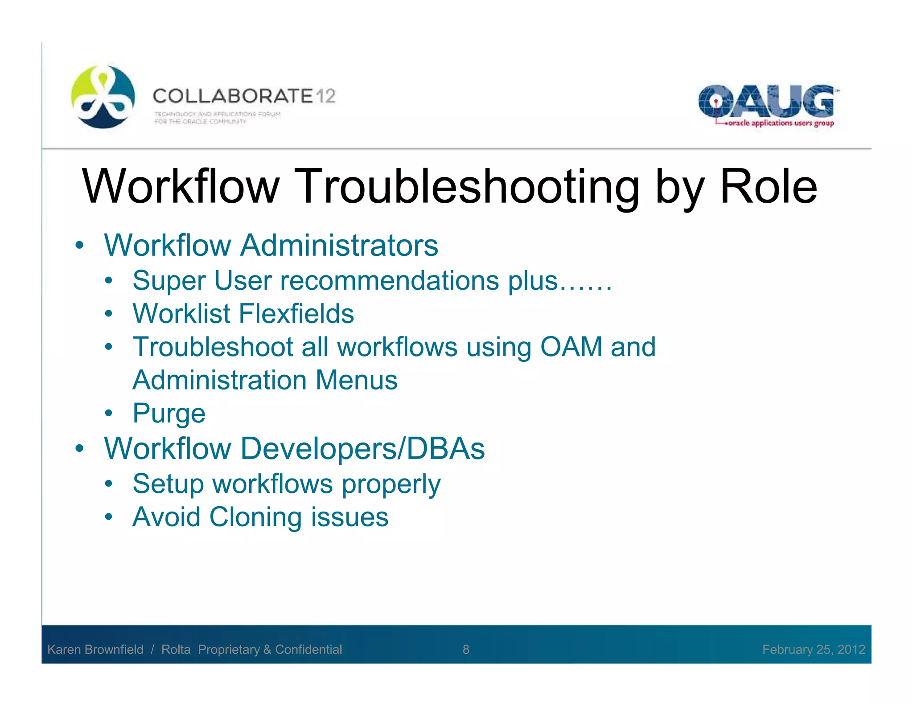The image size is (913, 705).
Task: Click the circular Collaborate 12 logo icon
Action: coord(103,97)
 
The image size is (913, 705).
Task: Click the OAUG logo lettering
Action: coord(765,101)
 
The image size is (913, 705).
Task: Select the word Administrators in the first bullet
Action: coord(339,246)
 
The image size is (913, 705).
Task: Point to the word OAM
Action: coord(571,347)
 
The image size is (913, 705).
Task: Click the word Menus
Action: coord(356,380)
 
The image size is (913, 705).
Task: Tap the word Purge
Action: coord(169,414)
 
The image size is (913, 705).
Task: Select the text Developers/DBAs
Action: coord(362,448)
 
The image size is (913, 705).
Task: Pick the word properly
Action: coord(391,484)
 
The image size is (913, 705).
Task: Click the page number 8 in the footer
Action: coord(466,649)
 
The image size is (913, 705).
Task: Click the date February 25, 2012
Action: coord(813,649)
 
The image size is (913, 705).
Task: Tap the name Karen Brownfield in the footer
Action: coord(95,649)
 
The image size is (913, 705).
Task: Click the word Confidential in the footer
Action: coord(308,649)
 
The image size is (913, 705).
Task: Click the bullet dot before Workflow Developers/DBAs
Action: coord(79,448)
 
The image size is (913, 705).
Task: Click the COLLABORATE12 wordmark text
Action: coord(243,96)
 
